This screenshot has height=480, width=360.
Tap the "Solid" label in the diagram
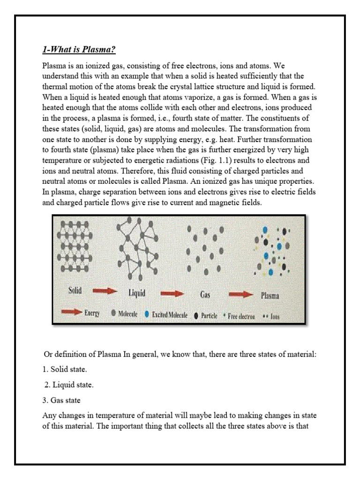(x=74, y=290)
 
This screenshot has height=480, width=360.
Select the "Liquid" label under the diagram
(x=137, y=293)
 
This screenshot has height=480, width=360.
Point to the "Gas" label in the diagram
(x=205, y=295)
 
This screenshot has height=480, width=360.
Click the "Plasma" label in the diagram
(x=270, y=296)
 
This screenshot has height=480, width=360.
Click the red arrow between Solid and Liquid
(x=105, y=291)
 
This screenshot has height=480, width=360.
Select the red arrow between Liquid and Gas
(x=172, y=293)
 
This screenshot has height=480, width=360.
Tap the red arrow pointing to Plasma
(x=240, y=294)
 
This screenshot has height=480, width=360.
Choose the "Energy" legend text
(x=92, y=315)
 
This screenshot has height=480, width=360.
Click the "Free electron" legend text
(x=241, y=316)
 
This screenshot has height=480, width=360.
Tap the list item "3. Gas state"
(x=62, y=400)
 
